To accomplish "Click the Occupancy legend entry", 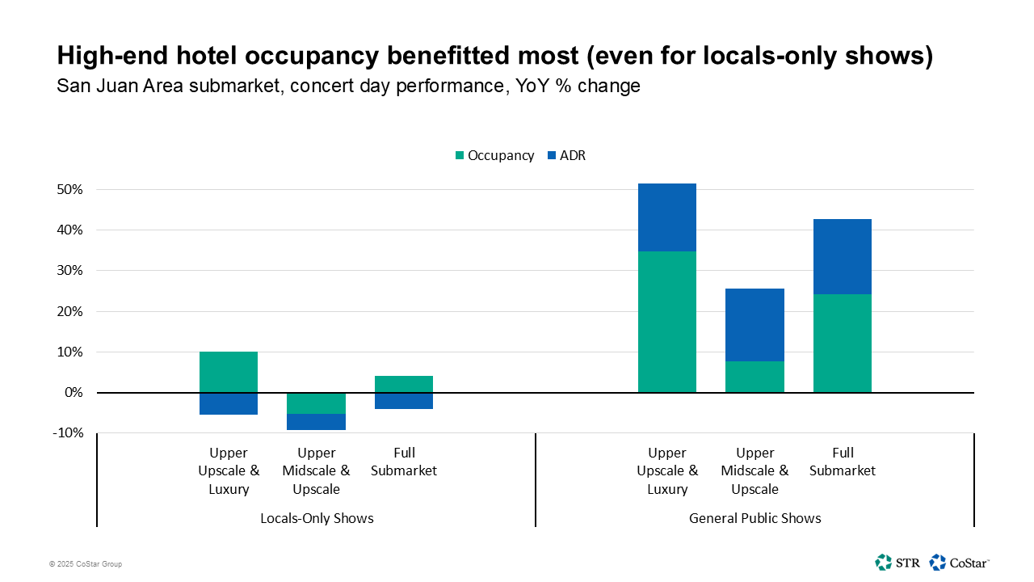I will [494, 155].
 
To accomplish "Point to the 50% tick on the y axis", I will [69, 190].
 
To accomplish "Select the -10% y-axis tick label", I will [67, 433].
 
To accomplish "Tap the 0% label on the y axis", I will [73, 393].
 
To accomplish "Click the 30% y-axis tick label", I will [69, 271].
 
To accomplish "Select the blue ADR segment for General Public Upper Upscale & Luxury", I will [666, 217].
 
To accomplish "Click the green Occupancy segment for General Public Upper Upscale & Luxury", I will [666, 322].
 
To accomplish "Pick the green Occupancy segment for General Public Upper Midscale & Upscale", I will [754, 377].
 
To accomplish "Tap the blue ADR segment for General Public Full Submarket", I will [842, 256].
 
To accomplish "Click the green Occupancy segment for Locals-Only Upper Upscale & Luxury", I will [229, 372].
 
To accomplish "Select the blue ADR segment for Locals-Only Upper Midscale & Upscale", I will [316, 422].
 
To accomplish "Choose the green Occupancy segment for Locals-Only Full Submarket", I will [404, 384].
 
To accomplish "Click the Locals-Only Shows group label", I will [317, 518].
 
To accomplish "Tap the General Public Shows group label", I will [754, 518].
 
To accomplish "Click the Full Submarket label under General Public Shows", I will [842, 462].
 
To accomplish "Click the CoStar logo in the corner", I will [960, 562].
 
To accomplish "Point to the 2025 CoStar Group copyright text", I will [86, 564].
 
